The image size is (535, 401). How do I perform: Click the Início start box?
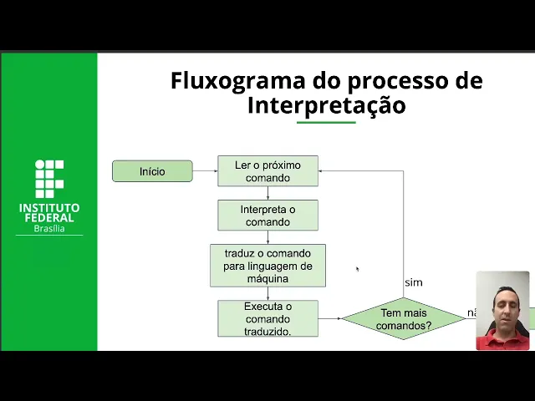[x=152, y=171]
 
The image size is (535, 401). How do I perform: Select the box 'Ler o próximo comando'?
[x=267, y=171]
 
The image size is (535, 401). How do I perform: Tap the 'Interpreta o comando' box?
[x=267, y=216]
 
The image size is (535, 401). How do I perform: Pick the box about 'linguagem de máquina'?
[x=267, y=266]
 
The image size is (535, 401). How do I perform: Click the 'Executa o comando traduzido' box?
[x=267, y=318]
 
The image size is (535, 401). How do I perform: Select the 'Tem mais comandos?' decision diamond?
[x=403, y=318]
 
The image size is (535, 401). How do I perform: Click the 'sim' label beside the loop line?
[x=414, y=282]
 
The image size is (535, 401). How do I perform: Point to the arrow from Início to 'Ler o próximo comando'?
[x=205, y=171]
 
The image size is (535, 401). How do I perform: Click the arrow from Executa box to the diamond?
[x=330, y=318]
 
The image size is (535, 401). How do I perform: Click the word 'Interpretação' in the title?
[x=326, y=106]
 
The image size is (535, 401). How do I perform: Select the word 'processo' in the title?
[x=392, y=81]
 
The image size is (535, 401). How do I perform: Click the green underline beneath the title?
[x=326, y=122]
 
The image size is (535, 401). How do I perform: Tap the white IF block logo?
[x=49, y=178]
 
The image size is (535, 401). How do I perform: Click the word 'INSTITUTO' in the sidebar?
[x=49, y=207]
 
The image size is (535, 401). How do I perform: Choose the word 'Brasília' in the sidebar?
[x=49, y=228]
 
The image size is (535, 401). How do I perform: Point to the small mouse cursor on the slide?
[x=357, y=268]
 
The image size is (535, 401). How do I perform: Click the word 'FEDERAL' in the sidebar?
[x=49, y=218]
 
